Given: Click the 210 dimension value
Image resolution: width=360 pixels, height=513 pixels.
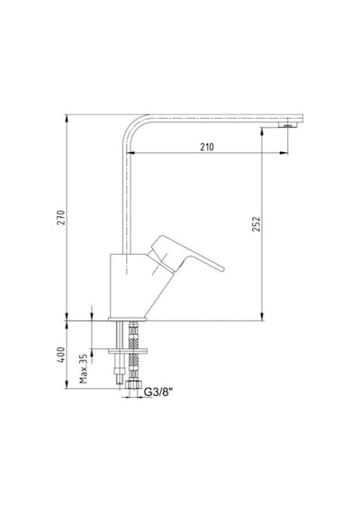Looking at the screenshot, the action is (x=207, y=147).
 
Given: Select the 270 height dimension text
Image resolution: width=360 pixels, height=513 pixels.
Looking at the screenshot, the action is (x=61, y=218).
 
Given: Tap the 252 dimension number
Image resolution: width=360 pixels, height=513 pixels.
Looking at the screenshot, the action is (x=256, y=224).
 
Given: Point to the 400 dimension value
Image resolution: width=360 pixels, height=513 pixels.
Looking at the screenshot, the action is (x=61, y=355).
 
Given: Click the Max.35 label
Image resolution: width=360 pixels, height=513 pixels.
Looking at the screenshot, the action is (x=84, y=368).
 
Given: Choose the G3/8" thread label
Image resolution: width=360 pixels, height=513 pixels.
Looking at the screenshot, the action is (x=158, y=391).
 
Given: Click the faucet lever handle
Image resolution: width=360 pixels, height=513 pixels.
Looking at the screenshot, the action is (x=186, y=254).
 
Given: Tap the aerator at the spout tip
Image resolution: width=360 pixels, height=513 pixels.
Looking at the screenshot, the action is (x=288, y=125).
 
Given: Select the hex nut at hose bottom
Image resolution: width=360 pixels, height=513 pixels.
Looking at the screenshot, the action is (x=133, y=384).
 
